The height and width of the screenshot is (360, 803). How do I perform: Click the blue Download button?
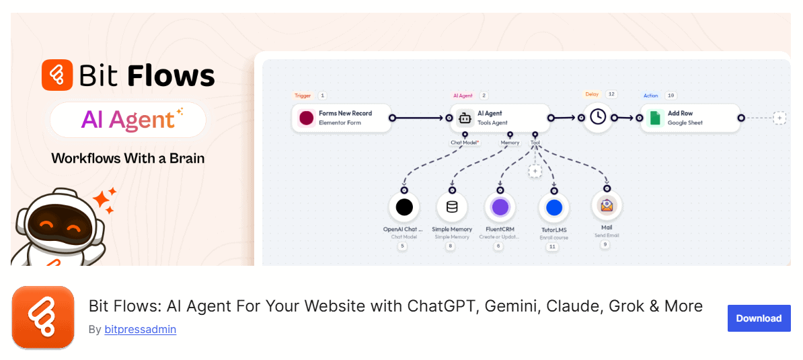759,318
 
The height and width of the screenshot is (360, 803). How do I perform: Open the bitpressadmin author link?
140,330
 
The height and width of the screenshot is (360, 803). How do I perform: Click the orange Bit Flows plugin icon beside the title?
42,317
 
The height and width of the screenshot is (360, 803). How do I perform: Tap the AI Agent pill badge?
128,120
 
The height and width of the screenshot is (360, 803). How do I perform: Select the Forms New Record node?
342,118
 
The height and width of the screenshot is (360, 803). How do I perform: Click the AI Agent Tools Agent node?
500,118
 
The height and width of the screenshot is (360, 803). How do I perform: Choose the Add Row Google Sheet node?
690,118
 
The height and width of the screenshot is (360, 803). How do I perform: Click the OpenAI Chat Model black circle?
404,207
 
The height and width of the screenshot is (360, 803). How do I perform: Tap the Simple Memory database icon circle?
452,207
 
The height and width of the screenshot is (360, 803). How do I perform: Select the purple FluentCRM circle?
500,207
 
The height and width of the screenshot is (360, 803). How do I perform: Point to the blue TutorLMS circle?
554,208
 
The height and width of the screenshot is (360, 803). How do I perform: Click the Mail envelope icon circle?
607,205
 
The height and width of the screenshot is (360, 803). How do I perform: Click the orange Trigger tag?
303,96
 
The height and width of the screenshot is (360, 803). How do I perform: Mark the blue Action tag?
650,96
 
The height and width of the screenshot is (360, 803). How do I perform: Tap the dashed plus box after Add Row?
779,118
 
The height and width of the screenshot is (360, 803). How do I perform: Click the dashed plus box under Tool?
535,172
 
